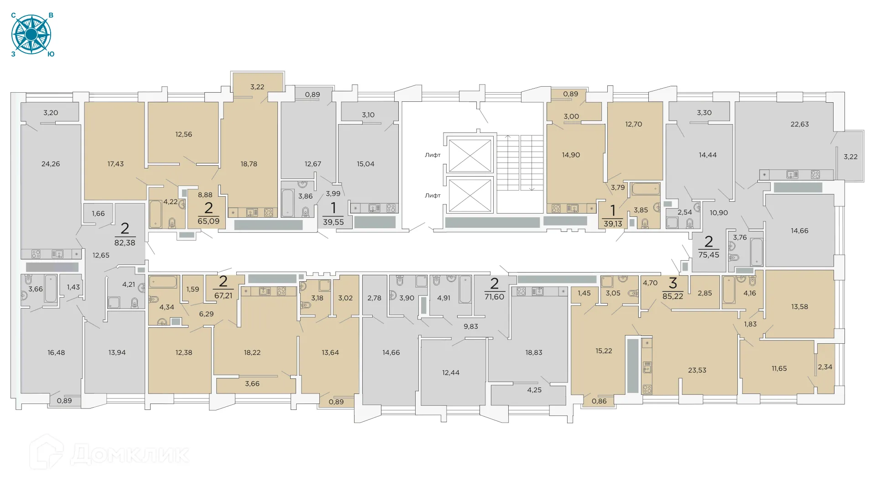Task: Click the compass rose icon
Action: coord(31,35)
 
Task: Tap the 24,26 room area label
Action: coord(51,164)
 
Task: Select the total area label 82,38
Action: coord(125,243)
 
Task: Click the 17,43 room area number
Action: coord(115,164)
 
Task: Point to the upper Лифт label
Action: coord(433,155)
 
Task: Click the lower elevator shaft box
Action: coord(470,195)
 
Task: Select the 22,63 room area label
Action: coord(799,124)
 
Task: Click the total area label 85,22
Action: coord(673,296)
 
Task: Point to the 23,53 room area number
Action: coord(697,370)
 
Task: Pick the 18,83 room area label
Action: coord(534,352)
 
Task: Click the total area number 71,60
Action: coord(494,297)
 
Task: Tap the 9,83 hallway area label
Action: coord(471,326)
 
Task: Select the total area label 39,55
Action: coord(333,222)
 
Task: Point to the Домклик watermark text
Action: coord(130,454)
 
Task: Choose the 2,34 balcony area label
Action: coord(825,367)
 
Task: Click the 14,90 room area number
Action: coord(571,155)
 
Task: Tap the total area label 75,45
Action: coord(709,255)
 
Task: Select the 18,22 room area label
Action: coord(252,352)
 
